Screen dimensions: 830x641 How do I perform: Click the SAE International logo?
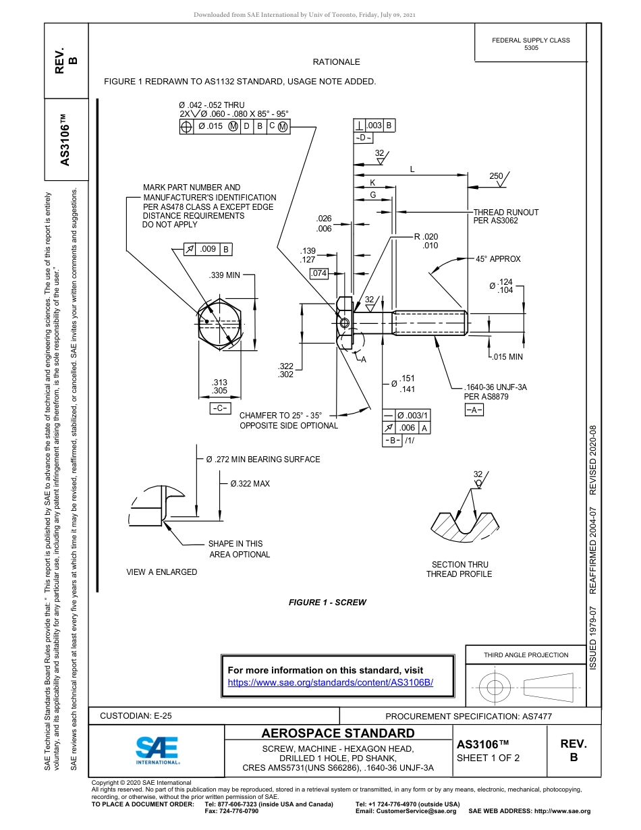pyautogui.click(x=157, y=748)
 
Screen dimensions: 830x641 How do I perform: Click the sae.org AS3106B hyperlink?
pyautogui.click(x=330, y=682)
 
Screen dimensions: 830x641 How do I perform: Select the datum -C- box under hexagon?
pyautogui.click(x=220, y=409)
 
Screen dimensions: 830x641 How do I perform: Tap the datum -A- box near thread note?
pyautogui.click(x=474, y=410)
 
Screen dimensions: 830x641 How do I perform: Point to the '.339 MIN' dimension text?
pyautogui.click(x=225, y=275)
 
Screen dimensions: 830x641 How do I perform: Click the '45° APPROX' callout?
pyautogui.click(x=498, y=259)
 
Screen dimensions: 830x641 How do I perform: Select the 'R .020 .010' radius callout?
pyautogui.click(x=427, y=241)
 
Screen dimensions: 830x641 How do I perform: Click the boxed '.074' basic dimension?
pyautogui.click(x=318, y=273)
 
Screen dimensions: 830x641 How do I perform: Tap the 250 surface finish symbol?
pyautogui.click(x=498, y=177)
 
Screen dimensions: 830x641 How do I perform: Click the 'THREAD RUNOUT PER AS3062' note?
pyautogui.click(x=506, y=216)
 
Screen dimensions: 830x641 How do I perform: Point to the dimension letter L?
pyautogui.click(x=412, y=169)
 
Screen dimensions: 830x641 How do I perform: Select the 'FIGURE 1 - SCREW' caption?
pyautogui.click(x=327, y=603)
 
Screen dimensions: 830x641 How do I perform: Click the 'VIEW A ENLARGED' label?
pyautogui.click(x=162, y=572)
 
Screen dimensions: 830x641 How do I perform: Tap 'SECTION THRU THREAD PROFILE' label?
pyautogui.click(x=459, y=570)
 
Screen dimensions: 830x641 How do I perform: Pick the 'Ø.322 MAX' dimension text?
pyautogui.click(x=250, y=484)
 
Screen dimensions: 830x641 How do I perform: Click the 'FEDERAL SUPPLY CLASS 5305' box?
pyautogui.click(x=531, y=44)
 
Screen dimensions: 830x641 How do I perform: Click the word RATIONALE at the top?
pyautogui.click(x=336, y=62)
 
